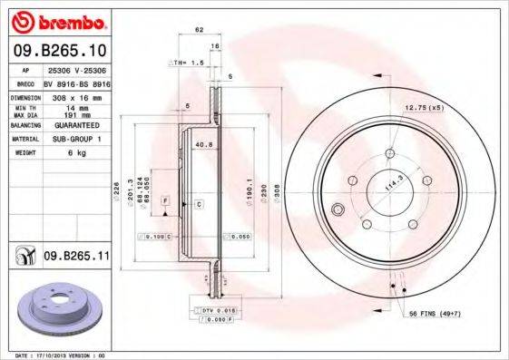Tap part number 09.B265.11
(x=76, y=258)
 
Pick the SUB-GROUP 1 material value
(x=69, y=139)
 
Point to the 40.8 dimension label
(x=203, y=142)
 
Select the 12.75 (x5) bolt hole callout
(x=419, y=108)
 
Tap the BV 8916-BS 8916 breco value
(x=76, y=81)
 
